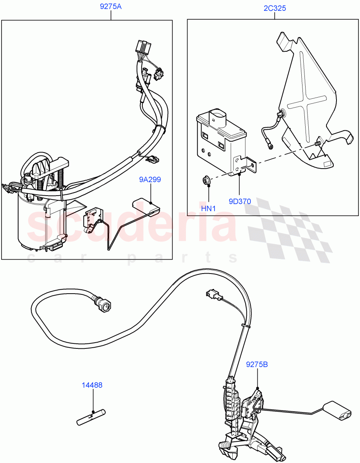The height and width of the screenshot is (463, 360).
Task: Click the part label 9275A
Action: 111,7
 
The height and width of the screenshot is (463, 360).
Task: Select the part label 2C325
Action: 275,8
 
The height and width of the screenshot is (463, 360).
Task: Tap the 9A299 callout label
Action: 150,179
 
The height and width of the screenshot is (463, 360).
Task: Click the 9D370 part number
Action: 239,201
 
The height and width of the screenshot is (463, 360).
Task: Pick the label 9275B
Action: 257,364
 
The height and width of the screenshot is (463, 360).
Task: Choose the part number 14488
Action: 92,385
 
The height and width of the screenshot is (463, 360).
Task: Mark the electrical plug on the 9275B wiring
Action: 213,295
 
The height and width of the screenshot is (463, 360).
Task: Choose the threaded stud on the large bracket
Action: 318,143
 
